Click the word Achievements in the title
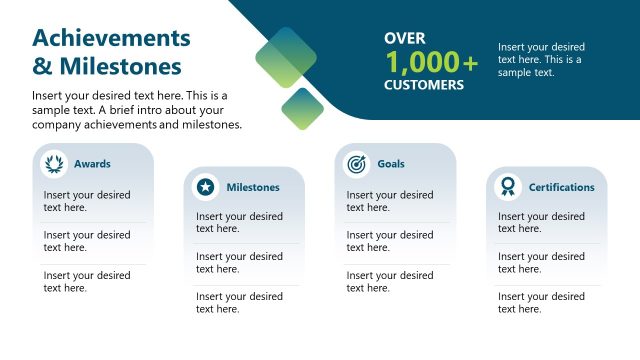[111, 38]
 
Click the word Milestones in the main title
[121, 67]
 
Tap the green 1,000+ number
[431, 62]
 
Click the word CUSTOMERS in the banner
[424, 85]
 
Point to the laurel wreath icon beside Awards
[53, 164]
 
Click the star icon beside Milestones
[205, 187]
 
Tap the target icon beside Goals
[356, 164]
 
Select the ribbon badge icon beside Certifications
[508, 187]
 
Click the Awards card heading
[92, 164]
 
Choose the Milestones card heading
[253, 187]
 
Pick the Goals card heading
[391, 164]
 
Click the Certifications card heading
[561, 187]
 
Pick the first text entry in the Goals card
[390, 201]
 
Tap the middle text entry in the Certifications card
[542, 263]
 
